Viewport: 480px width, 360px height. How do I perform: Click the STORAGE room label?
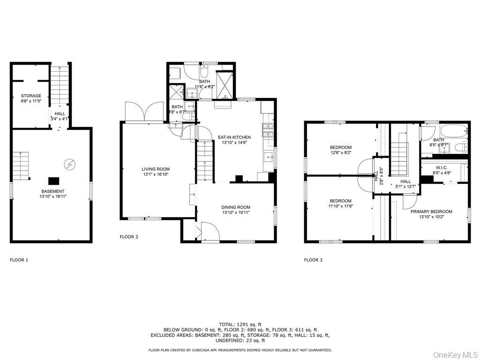31,96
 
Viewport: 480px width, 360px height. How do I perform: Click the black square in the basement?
53,180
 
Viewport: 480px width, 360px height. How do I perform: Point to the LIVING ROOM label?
156,169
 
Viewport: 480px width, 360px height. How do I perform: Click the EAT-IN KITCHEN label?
234,137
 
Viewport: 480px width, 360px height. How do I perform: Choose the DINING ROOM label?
236,207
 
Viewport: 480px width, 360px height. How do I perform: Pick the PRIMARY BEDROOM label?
431,211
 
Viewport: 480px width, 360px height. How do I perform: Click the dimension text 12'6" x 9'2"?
341,153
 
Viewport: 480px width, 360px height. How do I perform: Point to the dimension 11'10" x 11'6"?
341,206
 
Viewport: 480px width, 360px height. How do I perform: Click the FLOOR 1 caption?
19,260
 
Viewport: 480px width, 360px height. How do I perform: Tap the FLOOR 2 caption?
129,237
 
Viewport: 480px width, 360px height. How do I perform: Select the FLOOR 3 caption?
313,260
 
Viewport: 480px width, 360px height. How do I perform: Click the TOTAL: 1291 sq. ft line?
240,324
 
